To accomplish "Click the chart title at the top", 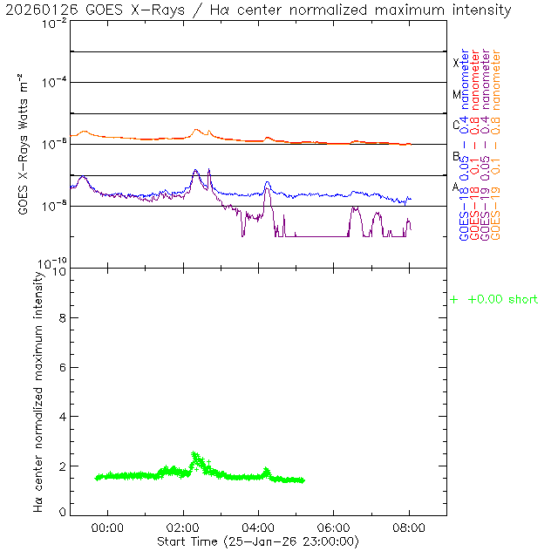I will (x=259, y=10).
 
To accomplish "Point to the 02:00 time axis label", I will (x=183, y=527).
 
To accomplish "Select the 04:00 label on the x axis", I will (x=259, y=527).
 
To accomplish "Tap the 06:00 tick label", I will (x=334, y=527).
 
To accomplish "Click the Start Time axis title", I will (x=258, y=541).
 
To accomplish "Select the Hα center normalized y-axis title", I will (x=38, y=391).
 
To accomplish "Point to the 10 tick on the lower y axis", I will (x=59, y=272).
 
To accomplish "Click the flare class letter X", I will (x=455, y=63).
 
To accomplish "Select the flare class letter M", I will (x=455, y=94).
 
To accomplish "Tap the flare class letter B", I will (x=455, y=156).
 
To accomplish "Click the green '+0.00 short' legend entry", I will (x=494, y=300).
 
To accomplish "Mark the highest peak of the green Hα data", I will (x=194, y=453).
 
